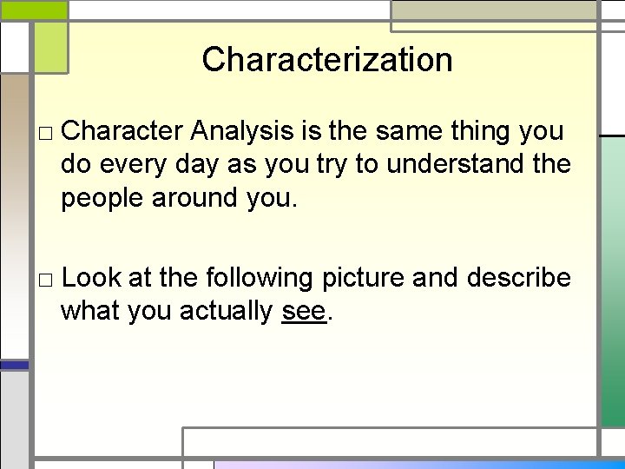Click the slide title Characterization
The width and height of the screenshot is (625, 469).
point(327,60)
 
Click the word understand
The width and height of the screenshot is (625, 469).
point(455,165)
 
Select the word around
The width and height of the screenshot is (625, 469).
point(199,198)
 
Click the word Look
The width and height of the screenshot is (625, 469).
point(93,278)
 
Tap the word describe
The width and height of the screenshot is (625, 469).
point(518,278)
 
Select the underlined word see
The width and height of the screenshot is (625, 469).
point(304,311)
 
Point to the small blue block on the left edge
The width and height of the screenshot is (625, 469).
point(14,366)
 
